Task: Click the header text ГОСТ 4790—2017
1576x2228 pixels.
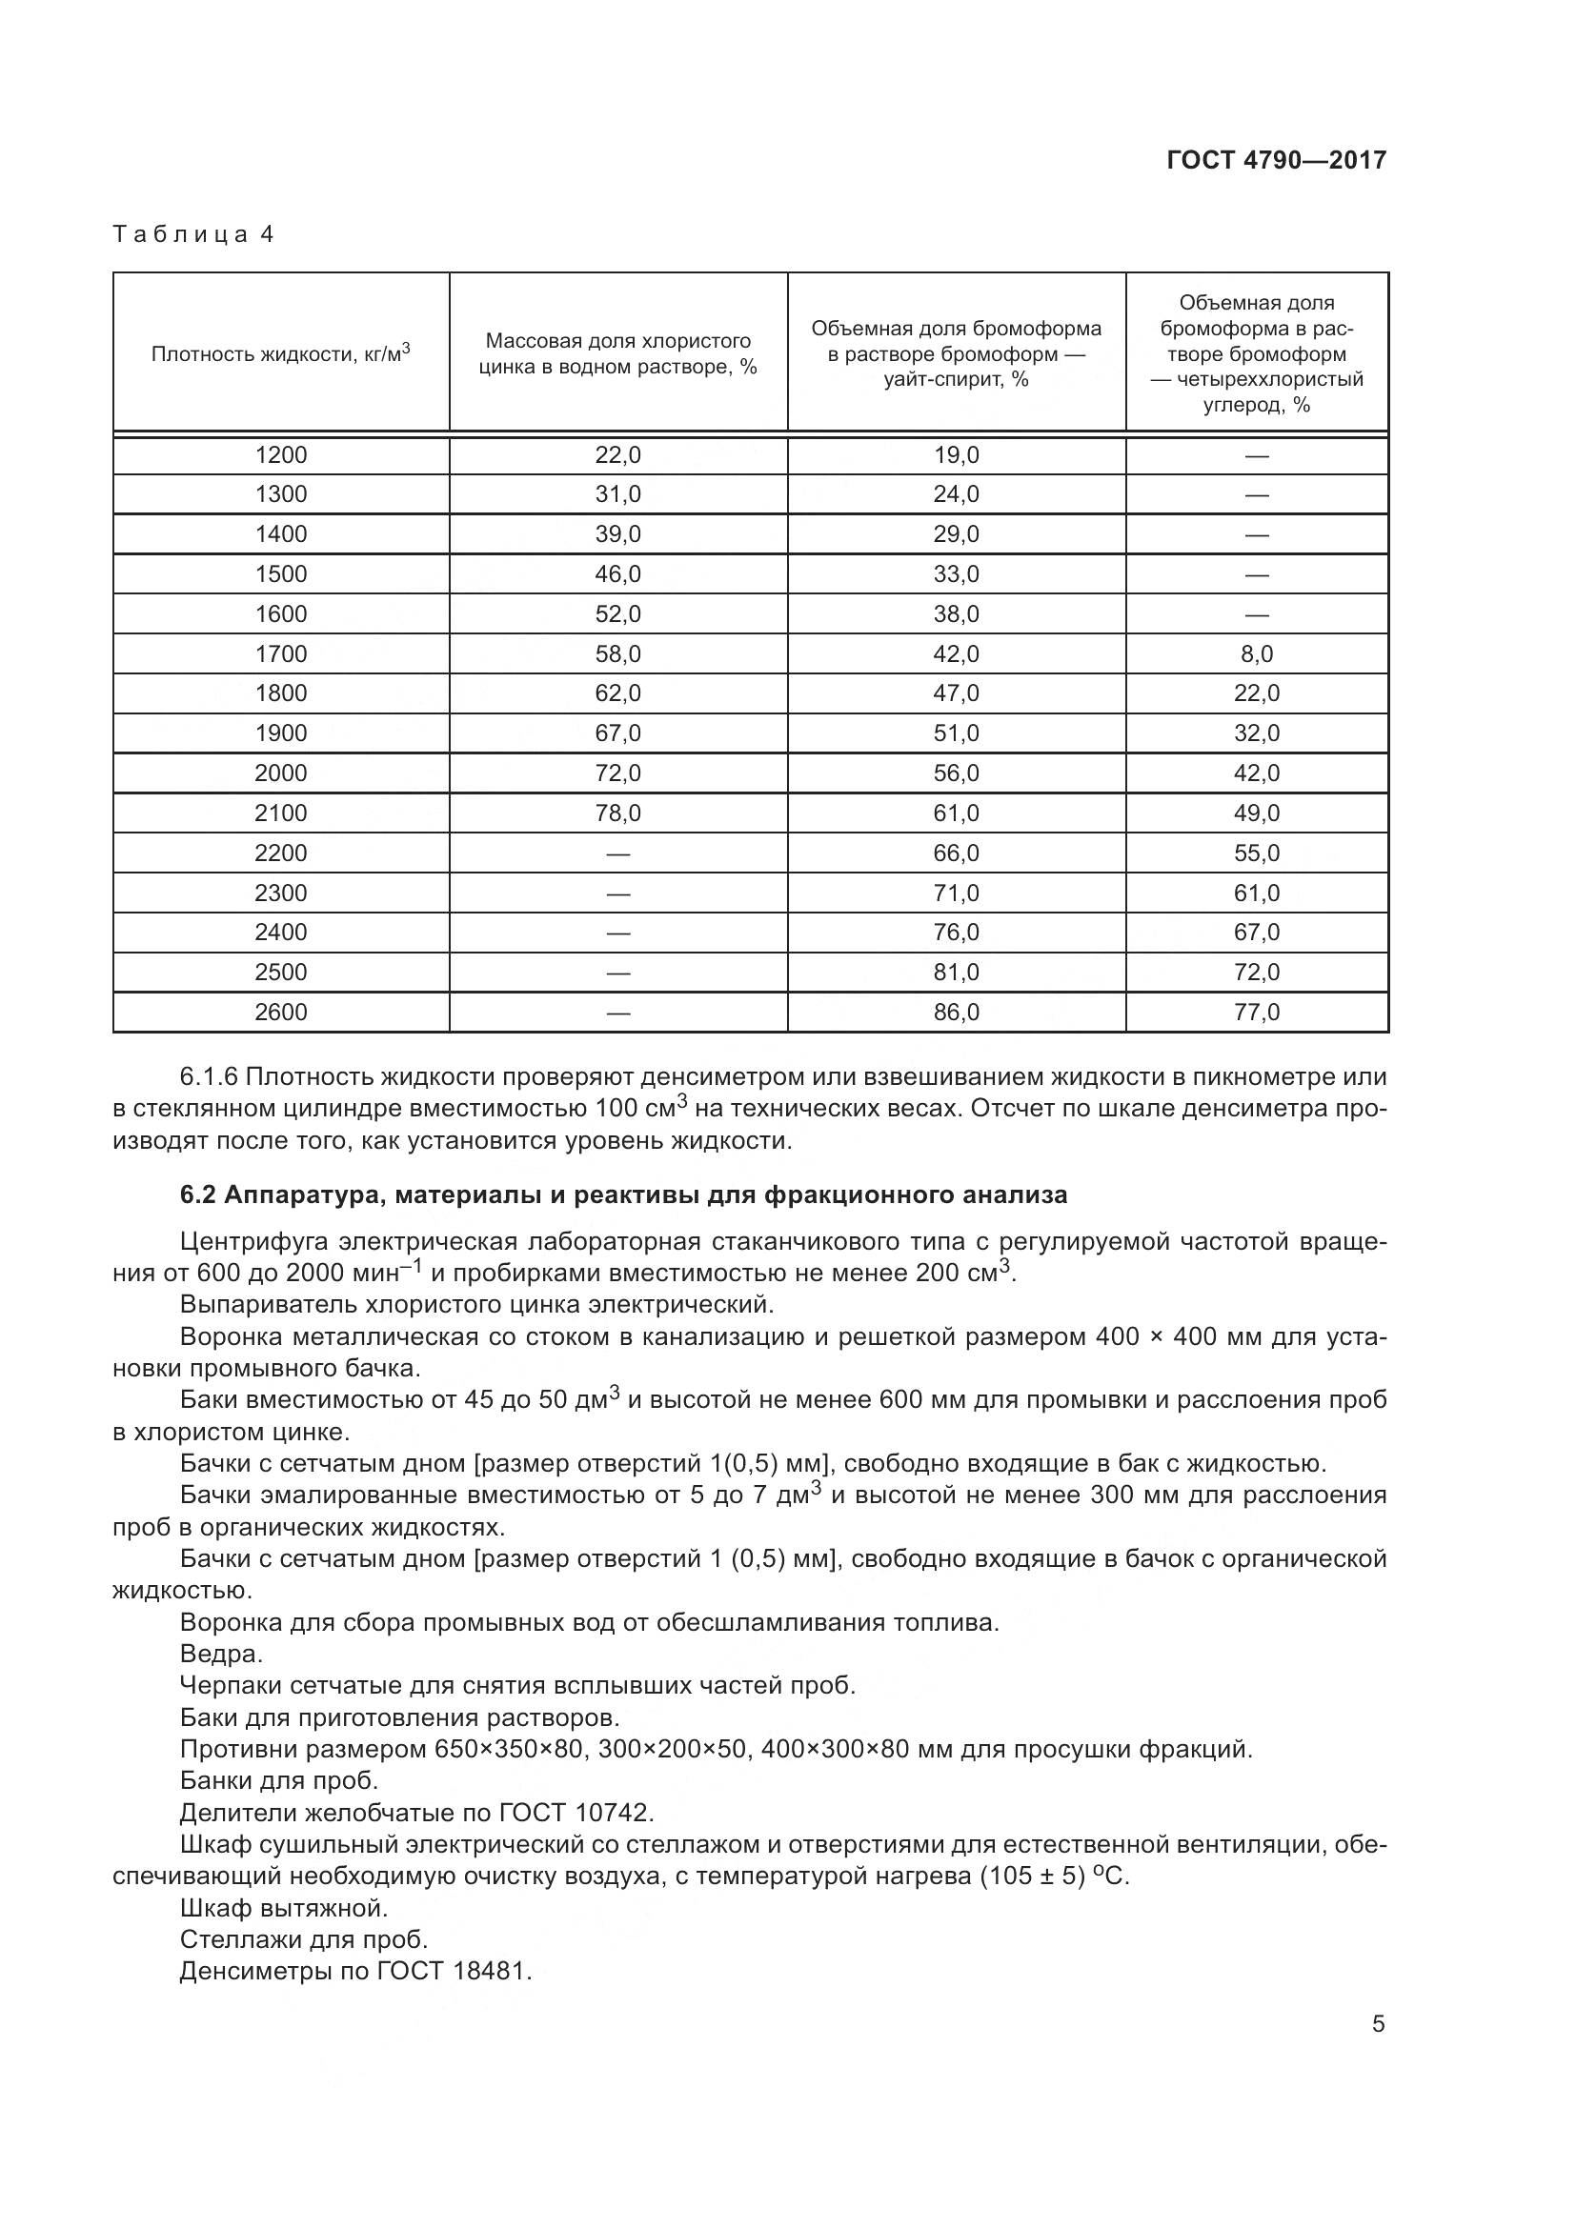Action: (1276, 160)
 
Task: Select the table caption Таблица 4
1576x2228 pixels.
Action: (194, 235)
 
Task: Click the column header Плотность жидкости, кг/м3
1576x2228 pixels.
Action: (280, 353)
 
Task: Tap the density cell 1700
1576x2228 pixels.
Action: (280, 654)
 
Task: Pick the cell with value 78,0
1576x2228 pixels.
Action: (617, 813)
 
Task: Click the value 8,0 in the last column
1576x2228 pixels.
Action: (1256, 654)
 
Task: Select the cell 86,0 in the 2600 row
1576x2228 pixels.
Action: (956, 1013)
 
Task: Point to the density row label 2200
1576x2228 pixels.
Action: (280, 853)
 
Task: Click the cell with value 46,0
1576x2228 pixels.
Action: (617, 574)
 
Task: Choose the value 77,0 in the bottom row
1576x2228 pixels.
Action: (1256, 1013)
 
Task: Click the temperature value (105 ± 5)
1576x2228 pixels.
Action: (1032, 1876)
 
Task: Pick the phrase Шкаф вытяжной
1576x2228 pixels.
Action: (283, 1908)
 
